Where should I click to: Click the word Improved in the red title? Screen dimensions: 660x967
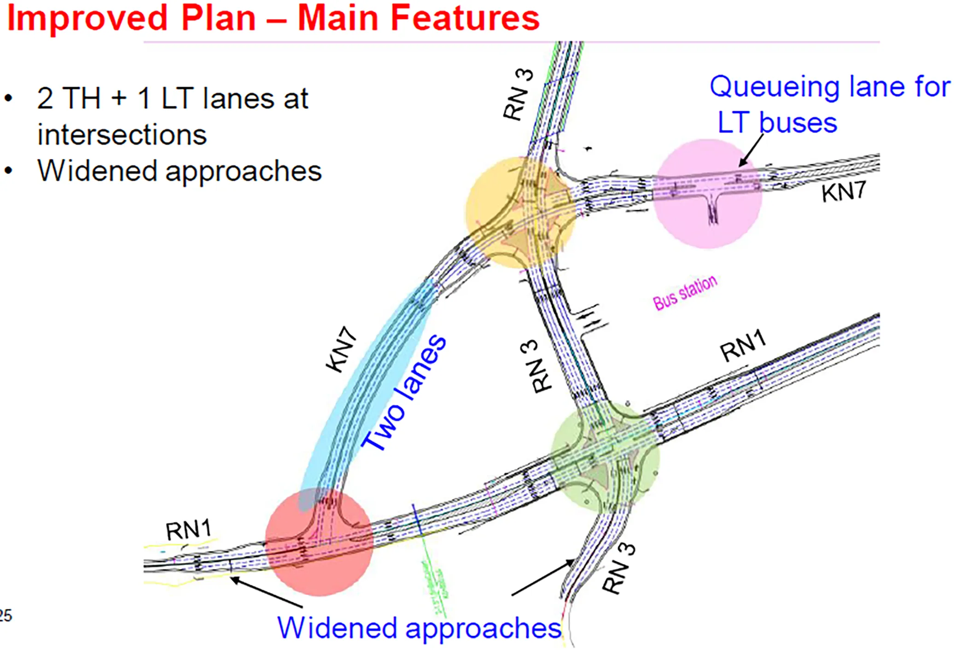[87, 18]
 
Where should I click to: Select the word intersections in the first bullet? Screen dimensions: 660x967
[122, 135]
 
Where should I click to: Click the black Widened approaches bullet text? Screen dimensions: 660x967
[180, 171]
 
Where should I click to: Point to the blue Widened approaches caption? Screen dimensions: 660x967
[419, 628]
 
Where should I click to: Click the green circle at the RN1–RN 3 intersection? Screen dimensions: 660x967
[605, 458]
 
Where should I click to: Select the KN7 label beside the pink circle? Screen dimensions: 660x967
[844, 191]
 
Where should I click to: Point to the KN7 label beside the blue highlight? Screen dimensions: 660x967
[342, 349]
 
